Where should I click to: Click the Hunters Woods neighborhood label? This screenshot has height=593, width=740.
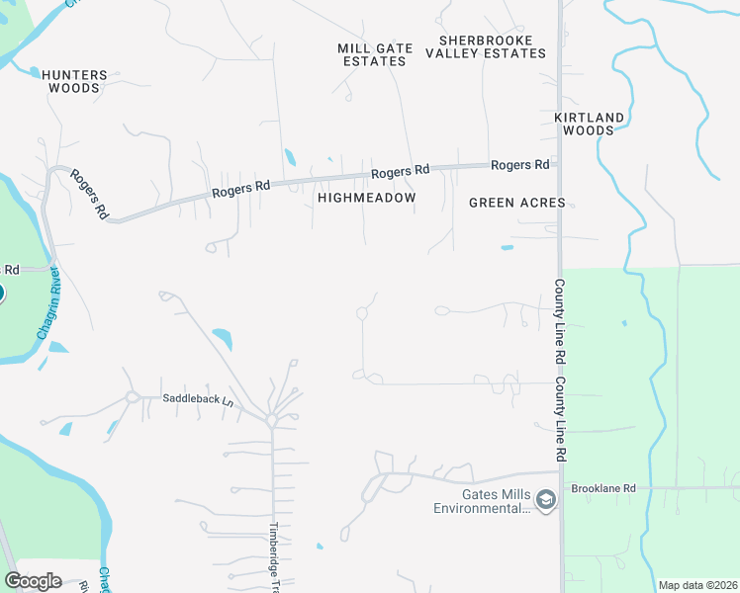click(x=72, y=80)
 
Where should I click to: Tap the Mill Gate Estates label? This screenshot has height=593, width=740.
click(x=372, y=54)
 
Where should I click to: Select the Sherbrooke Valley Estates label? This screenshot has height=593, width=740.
click(x=486, y=46)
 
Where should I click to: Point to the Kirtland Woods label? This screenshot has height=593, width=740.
click(x=590, y=124)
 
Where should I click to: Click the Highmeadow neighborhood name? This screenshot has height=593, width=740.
click(x=367, y=198)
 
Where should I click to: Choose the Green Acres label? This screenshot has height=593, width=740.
click(x=516, y=203)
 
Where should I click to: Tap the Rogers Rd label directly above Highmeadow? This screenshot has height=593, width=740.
click(x=401, y=172)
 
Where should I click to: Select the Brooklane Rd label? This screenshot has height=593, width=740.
click(x=601, y=488)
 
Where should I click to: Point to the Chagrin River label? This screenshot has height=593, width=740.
click(x=48, y=303)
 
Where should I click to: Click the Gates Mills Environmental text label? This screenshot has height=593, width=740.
click(x=482, y=501)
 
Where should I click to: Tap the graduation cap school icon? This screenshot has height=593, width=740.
click(x=545, y=502)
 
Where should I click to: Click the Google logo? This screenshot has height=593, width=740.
click(x=33, y=581)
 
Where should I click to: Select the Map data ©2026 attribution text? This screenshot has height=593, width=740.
click(x=697, y=585)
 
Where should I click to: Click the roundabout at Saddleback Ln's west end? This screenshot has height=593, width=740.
click(x=131, y=398)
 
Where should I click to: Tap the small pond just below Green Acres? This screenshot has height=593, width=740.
click(x=507, y=247)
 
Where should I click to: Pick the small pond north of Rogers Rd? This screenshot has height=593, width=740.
click(x=289, y=156)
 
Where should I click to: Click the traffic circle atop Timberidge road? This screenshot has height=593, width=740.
click(x=271, y=420)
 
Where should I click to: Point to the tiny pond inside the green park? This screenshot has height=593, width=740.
click(x=623, y=322)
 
